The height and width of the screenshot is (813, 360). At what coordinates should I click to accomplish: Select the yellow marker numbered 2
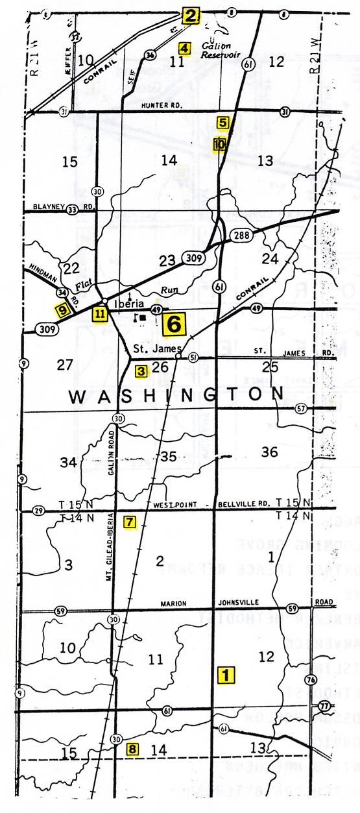pyautogui.click(x=190, y=16)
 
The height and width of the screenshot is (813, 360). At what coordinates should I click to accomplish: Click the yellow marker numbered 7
pyautogui.click(x=130, y=521)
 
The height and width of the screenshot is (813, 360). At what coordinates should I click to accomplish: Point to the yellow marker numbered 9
pyautogui.click(x=62, y=310)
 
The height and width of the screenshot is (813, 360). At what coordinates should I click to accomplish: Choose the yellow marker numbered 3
pyautogui.click(x=141, y=371)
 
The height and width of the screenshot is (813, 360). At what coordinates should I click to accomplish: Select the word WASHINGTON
pyautogui.click(x=176, y=395)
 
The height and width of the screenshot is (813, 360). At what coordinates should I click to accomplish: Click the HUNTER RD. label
pyautogui.click(x=159, y=105)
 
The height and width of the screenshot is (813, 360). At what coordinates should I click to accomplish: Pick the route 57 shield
pyautogui.click(x=300, y=408)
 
